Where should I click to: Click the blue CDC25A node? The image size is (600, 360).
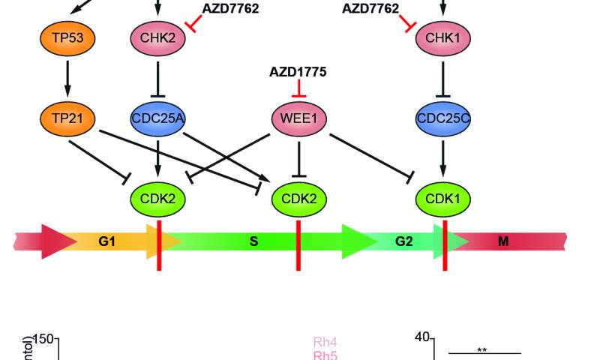[x=158, y=117]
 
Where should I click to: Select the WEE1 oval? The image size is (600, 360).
[x=299, y=118]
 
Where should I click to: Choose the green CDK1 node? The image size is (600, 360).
[x=442, y=199]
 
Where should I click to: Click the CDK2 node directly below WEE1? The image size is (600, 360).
[x=299, y=199]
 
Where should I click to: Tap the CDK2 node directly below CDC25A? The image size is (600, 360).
[x=158, y=199]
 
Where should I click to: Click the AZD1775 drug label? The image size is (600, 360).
[x=298, y=72]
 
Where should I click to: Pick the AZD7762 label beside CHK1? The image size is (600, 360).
[x=370, y=8]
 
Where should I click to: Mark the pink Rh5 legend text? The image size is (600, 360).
[x=325, y=355]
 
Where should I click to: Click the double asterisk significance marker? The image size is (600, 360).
[x=483, y=349]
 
